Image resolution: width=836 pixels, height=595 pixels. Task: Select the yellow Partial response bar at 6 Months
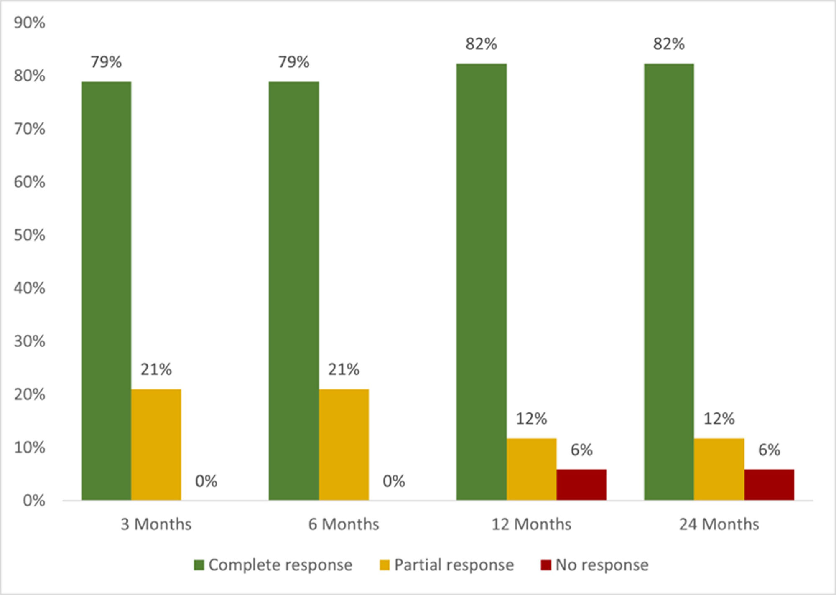pos(344,445)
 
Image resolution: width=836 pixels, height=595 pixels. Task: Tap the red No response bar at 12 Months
pos(581,485)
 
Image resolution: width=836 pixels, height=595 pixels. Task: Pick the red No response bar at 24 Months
pos(769,485)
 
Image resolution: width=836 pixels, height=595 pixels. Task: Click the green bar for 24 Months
pos(669,282)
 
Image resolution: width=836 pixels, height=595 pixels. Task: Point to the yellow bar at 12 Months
pos(531,469)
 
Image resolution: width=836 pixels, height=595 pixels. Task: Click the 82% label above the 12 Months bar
pos(481,44)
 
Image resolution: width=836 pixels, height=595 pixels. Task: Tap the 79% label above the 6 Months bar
pos(294,62)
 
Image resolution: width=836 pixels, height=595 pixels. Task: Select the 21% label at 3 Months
pos(156,369)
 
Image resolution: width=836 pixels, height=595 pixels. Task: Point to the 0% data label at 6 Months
pos(394,481)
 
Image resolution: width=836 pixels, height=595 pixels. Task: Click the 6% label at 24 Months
pos(769,450)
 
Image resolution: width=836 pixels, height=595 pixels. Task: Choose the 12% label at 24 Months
pos(719,419)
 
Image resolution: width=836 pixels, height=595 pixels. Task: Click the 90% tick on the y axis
pos(29,23)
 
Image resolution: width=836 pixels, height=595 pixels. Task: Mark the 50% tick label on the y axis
pos(29,235)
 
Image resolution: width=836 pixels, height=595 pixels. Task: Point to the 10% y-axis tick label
pos(29,448)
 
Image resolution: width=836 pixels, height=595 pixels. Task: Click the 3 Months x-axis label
pos(156,524)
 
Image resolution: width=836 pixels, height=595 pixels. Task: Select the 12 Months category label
pos(531,524)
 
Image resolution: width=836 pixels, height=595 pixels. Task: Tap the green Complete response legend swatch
pos(199,565)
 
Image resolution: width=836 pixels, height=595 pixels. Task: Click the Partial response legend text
pos(454,565)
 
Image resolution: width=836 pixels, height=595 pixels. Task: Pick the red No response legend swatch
pos(546,565)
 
